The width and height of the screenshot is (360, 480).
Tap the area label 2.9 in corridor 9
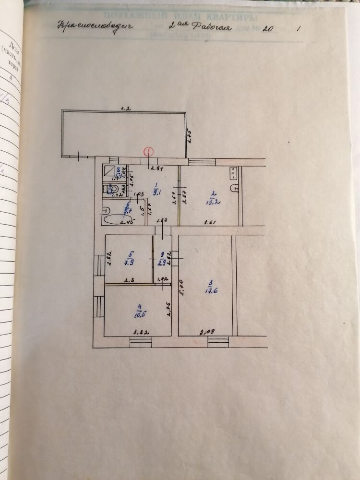[x=163, y=261]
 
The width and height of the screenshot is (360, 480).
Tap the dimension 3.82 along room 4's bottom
[x=139, y=331]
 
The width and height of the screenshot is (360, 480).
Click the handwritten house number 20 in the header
[x=268, y=28]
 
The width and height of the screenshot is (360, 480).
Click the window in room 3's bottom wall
[x=218, y=342]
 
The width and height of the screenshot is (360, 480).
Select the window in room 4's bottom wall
[x=141, y=342]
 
